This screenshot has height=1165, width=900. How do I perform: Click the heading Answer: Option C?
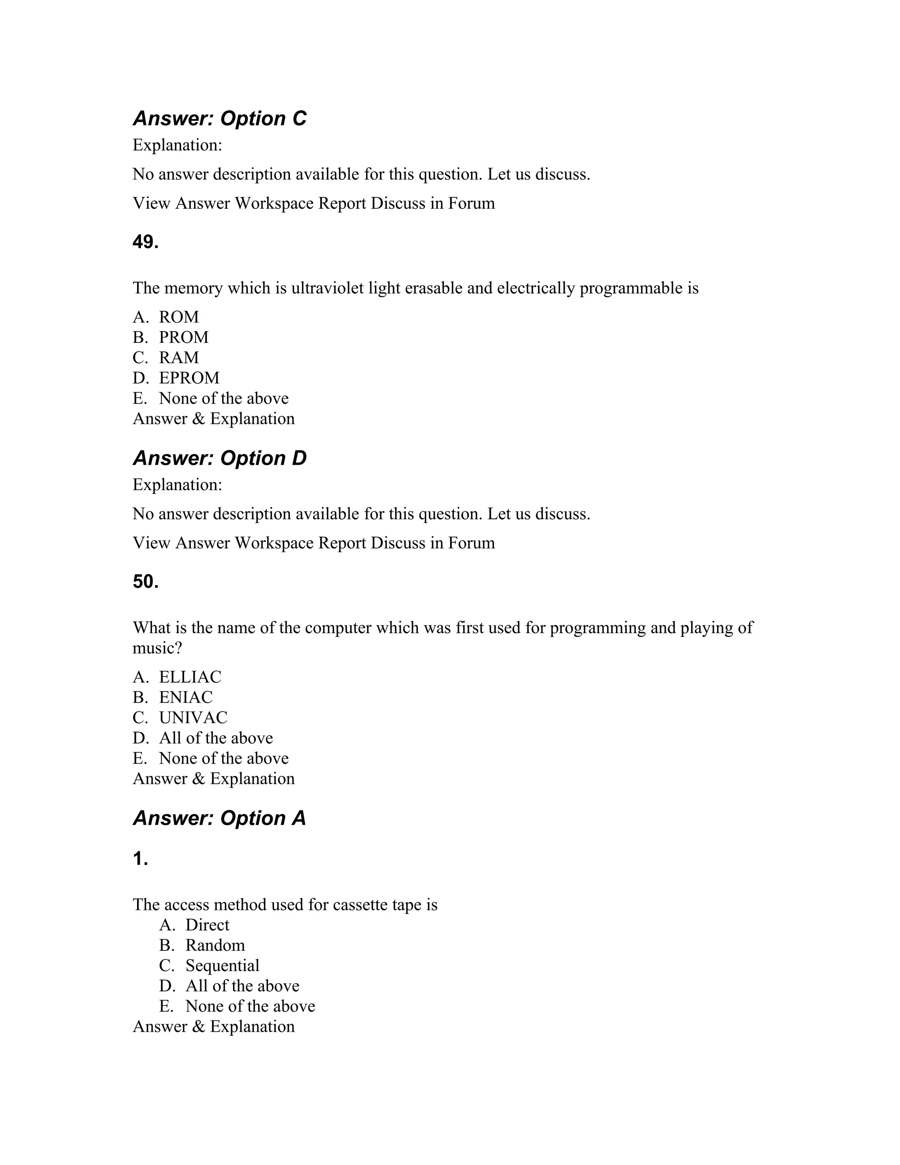[x=220, y=118]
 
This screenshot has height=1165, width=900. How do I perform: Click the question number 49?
[x=145, y=242]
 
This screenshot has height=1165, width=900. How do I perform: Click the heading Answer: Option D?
[x=220, y=458]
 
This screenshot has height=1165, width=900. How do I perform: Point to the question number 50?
[x=145, y=582]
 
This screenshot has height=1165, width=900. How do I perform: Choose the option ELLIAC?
[x=190, y=677]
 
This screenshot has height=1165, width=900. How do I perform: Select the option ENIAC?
[x=185, y=697]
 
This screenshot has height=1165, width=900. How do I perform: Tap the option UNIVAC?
[x=193, y=717]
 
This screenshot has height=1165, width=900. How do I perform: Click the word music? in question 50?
[x=157, y=648]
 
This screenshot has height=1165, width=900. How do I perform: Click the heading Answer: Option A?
[x=220, y=818]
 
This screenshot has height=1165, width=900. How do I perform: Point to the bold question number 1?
[x=140, y=859]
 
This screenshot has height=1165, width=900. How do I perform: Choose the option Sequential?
[x=222, y=965]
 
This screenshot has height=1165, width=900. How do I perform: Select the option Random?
[x=215, y=945]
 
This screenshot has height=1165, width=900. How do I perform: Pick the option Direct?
[x=207, y=925]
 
